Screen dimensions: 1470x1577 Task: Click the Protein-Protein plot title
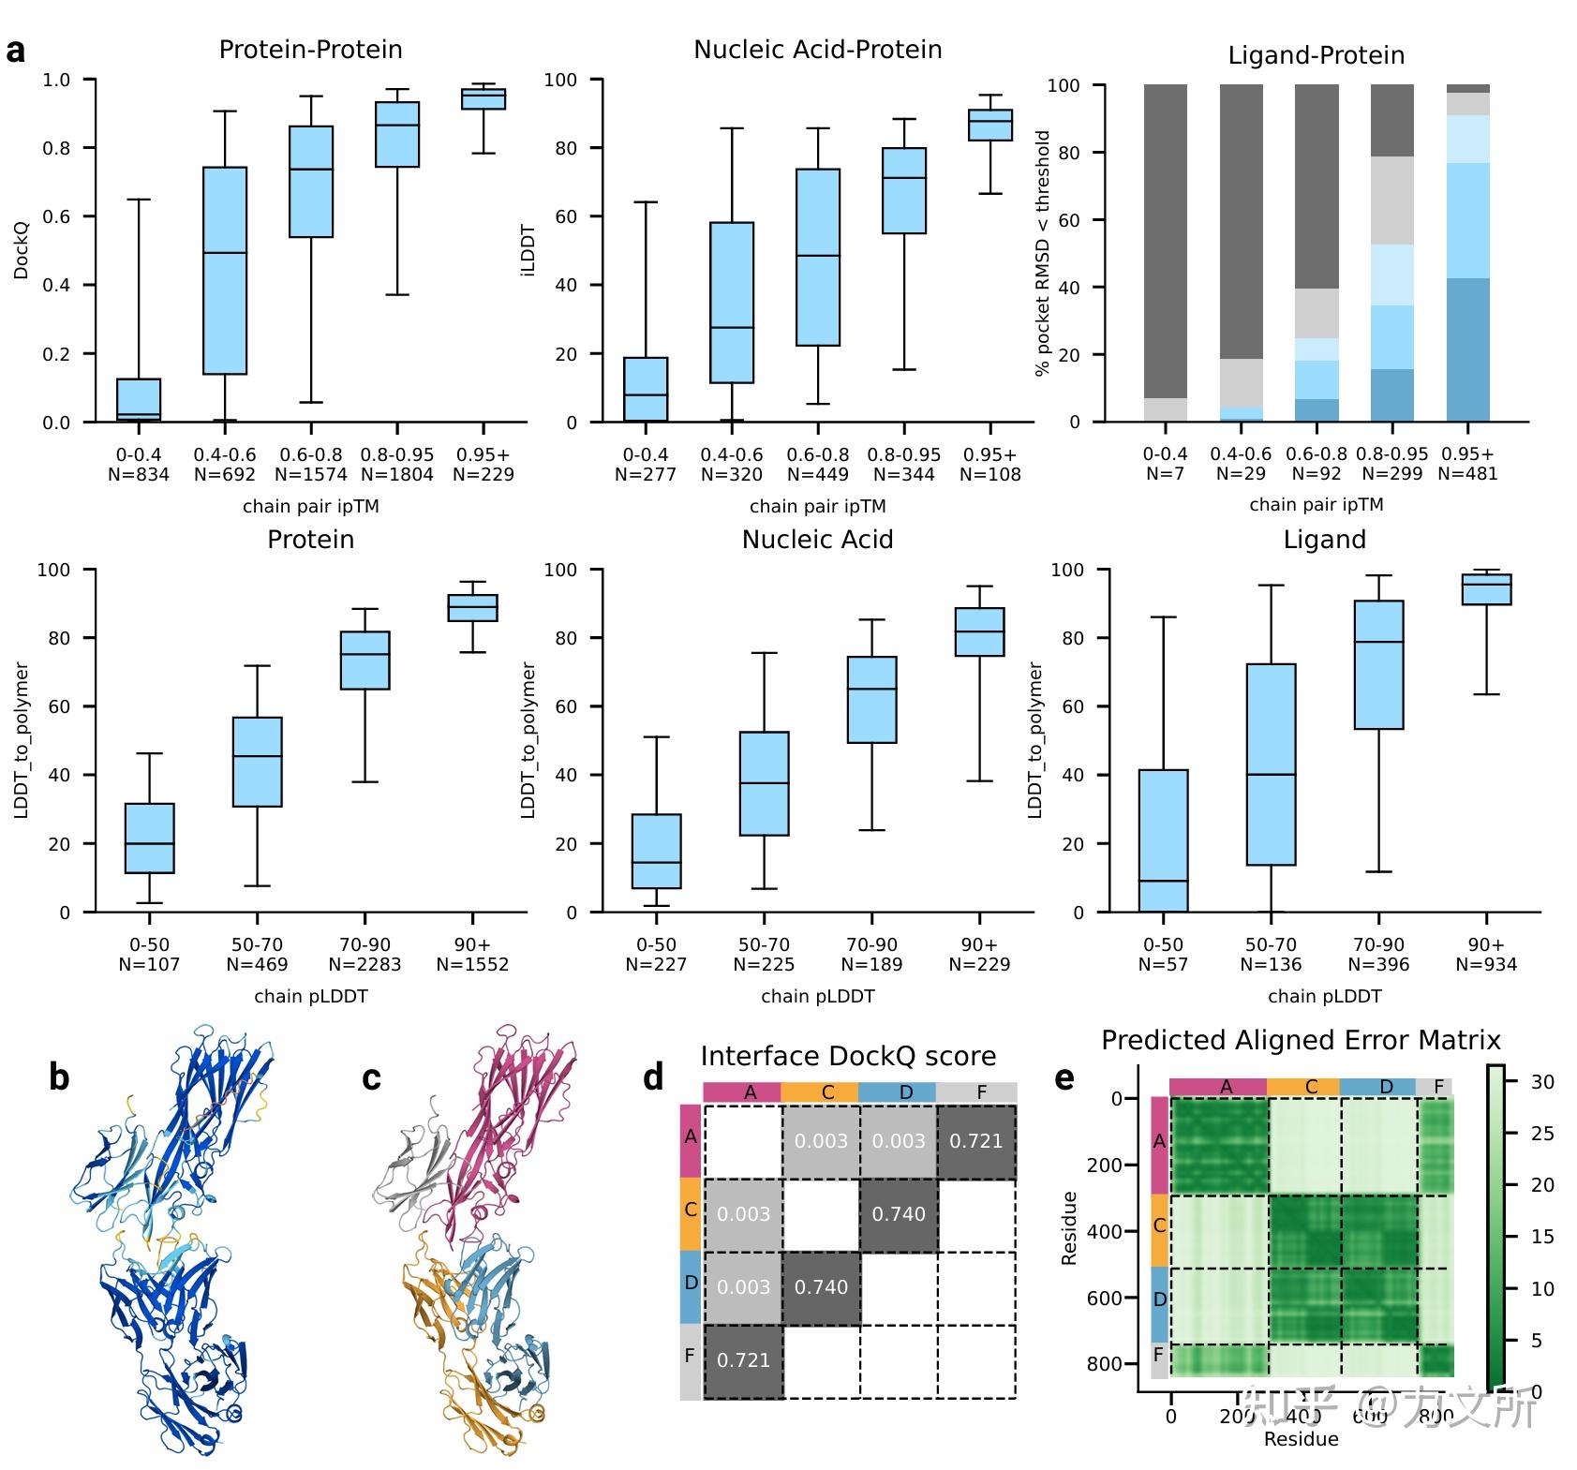[x=310, y=50]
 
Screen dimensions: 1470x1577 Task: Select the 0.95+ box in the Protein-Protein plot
[x=484, y=98]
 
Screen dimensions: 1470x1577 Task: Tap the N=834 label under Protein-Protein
[x=139, y=474]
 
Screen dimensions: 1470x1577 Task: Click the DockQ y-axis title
[x=22, y=250]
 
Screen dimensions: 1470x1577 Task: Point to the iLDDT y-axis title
[x=528, y=250]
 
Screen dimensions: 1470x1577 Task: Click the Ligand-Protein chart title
[x=1316, y=55]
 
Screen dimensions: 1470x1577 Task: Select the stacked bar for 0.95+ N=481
[x=1467, y=253]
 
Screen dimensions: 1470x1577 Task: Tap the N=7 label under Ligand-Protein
[x=1165, y=473]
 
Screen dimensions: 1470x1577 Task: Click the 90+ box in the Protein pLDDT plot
[x=472, y=607]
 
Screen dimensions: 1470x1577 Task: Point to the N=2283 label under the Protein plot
[x=364, y=964]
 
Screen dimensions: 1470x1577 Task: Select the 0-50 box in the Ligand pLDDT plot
[x=1163, y=840]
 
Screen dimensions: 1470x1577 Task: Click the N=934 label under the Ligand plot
[x=1486, y=964]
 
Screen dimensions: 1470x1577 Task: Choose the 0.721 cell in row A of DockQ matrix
[x=976, y=1141]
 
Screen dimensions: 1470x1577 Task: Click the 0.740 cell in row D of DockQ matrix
[x=821, y=1287]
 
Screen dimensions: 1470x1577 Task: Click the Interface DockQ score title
[x=848, y=1056]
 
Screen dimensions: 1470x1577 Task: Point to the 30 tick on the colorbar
[x=1542, y=1082]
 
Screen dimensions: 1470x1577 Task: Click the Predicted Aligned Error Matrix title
[x=1301, y=1040]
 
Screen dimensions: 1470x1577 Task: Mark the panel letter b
[x=59, y=1078]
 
